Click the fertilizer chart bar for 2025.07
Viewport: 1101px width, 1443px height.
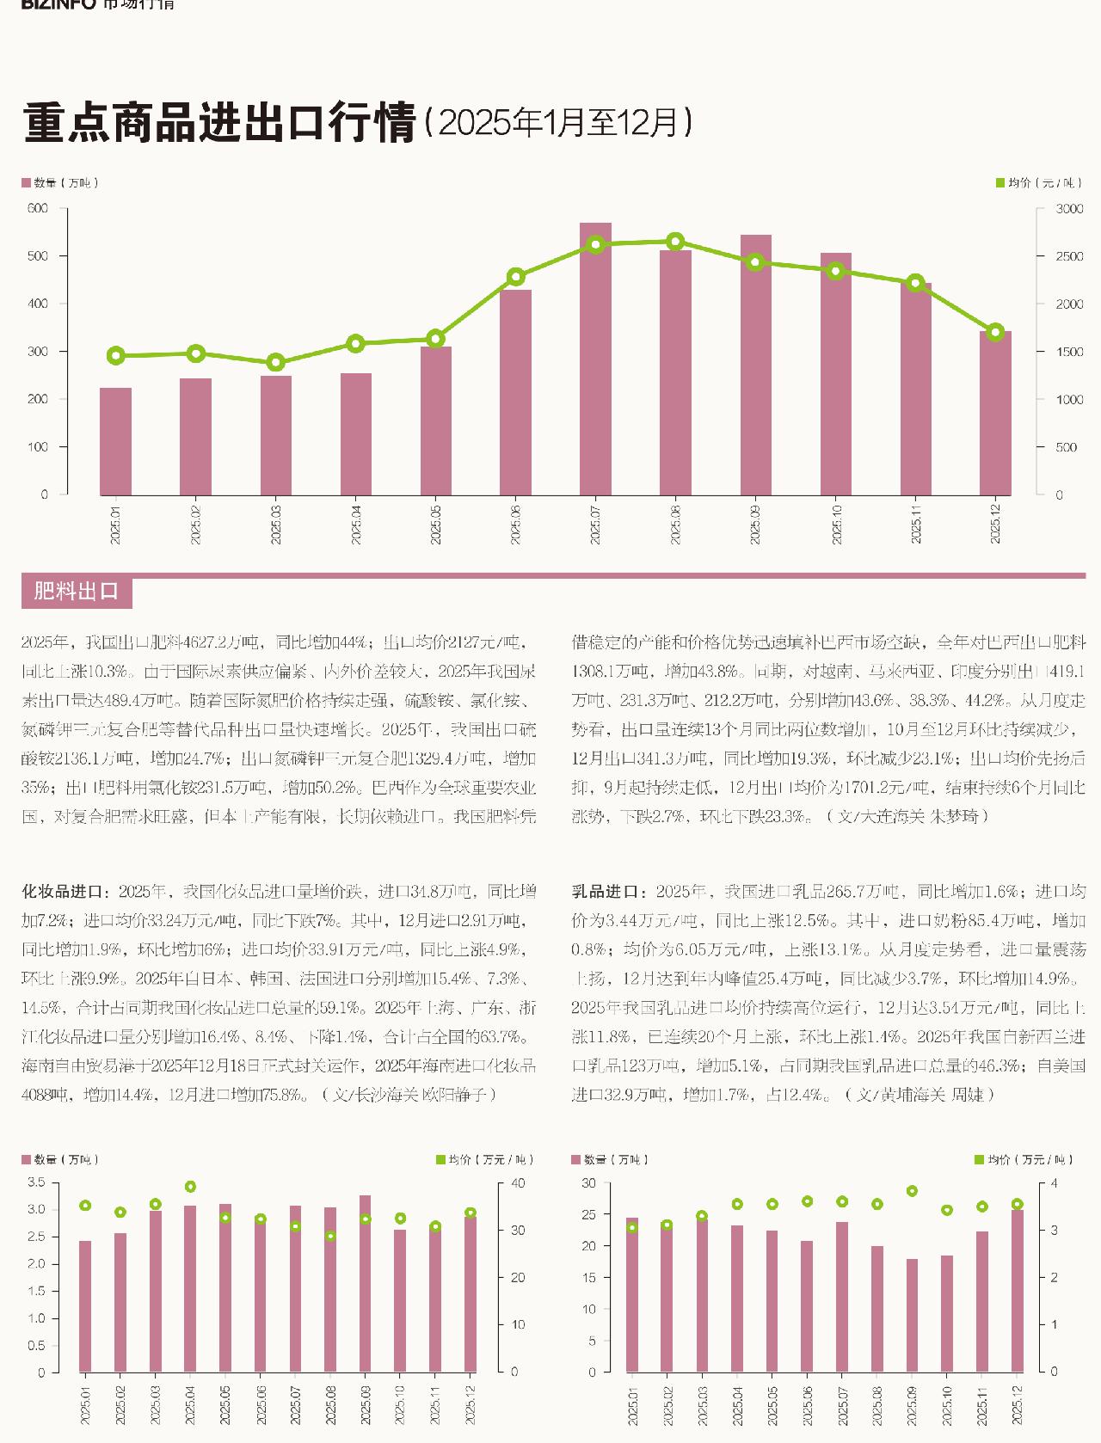coord(595,359)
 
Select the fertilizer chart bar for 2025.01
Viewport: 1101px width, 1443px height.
coord(115,441)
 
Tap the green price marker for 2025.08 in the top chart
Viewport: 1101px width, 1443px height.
coord(675,242)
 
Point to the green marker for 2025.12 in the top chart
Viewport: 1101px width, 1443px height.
coord(995,333)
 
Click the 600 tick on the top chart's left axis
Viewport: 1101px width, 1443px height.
coord(38,208)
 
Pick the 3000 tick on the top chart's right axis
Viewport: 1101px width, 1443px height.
coord(1069,209)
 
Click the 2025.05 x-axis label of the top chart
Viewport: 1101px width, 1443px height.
coord(435,525)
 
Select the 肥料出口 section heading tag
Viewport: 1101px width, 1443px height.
coord(76,592)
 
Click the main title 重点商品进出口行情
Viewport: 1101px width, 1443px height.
coord(219,123)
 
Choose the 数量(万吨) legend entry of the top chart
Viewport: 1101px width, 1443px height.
coord(60,183)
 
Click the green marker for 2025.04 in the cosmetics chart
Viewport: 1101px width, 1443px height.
coord(190,1187)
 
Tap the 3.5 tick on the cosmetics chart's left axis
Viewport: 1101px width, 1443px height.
coord(36,1182)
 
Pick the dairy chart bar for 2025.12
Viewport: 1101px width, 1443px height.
coord(1017,1291)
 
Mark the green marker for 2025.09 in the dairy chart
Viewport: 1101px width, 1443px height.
coord(912,1191)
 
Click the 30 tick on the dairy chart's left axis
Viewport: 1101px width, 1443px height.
coord(588,1183)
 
